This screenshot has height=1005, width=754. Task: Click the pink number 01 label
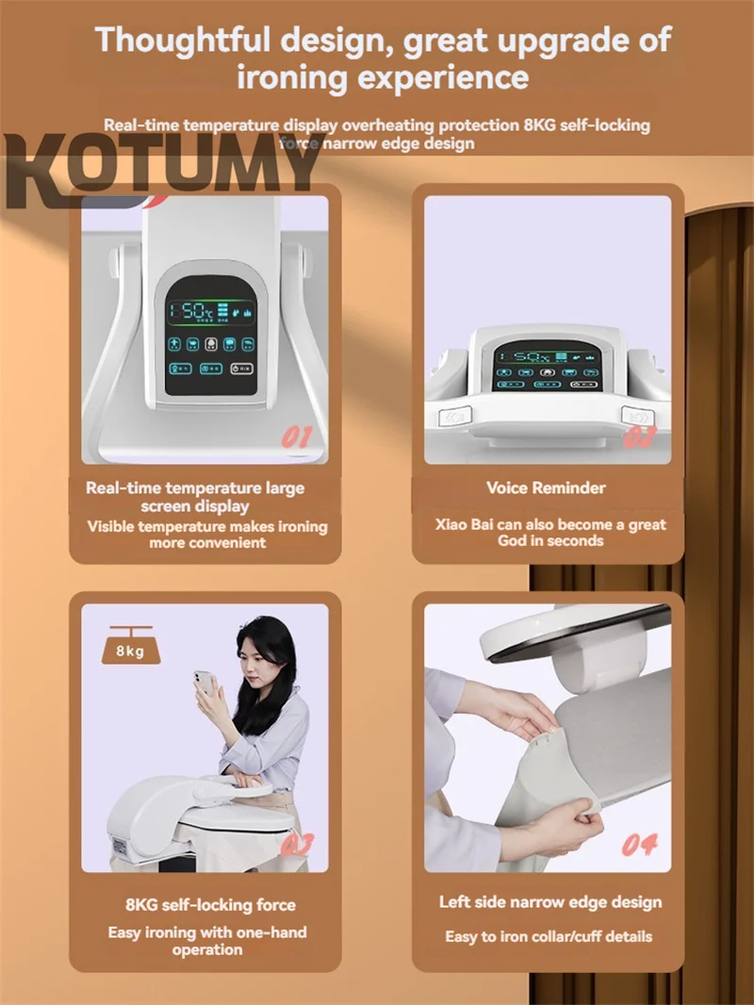coord(296,437)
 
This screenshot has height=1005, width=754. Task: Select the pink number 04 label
coord(639,844)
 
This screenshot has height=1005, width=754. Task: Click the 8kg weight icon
coord(131,649)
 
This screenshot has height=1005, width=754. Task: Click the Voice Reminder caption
coord(546,487)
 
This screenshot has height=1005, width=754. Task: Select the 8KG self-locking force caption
coord(210,905)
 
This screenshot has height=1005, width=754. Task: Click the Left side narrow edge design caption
coord(550,902)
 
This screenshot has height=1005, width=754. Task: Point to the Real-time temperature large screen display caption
coord(195,497)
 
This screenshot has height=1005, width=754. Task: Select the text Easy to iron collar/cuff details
coord(549,936)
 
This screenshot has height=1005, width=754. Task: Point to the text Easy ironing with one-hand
coord(206,932)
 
